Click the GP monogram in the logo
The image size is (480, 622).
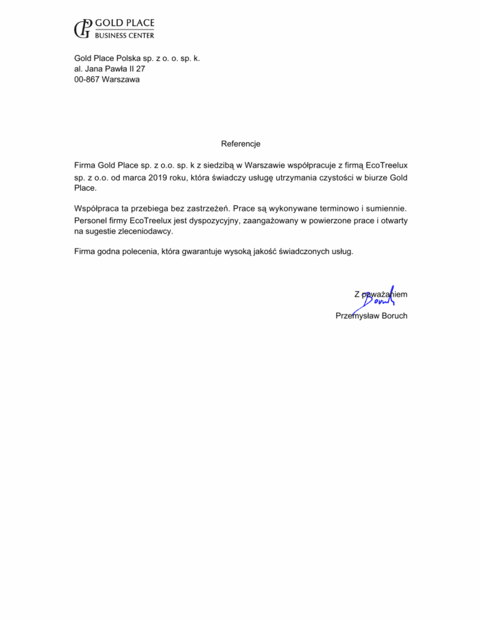click(x=83, y=28)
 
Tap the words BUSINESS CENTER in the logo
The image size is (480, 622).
click(x=124, y=35)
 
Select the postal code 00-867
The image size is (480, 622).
click(x=86, y=80)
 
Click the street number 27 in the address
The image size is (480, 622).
click(x=140, y=69)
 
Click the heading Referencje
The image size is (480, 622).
click(x=241, y=144)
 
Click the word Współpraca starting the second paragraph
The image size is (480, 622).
click(x=96, y=207)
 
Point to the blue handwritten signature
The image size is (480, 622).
click(x=379, y=296)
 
